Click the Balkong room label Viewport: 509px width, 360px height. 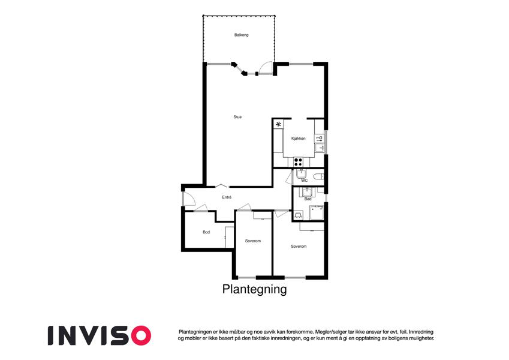click(241, 35)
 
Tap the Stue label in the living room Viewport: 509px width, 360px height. click(237, 117)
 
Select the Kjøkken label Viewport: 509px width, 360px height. click(299, 139)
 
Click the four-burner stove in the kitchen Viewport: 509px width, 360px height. click(298, 161)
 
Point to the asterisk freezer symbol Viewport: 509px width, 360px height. click(279, 124)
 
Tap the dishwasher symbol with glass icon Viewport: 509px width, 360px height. click(319, 139)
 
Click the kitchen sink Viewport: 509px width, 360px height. click(320, 148)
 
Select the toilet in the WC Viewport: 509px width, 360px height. click(319, 177)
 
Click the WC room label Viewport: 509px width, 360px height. click(304, 181)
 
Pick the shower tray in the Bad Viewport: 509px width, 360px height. click(316, 212)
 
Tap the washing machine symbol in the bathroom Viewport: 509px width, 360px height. click(298, 215)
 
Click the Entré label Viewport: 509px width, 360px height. click(227, 197)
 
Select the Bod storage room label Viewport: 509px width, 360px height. click(206, 232)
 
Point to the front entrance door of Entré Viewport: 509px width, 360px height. click(189, 199)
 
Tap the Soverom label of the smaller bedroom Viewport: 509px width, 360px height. click(253, 241)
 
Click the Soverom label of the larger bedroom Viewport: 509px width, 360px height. click(299, 246)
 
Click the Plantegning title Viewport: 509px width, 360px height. click(254, 289)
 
